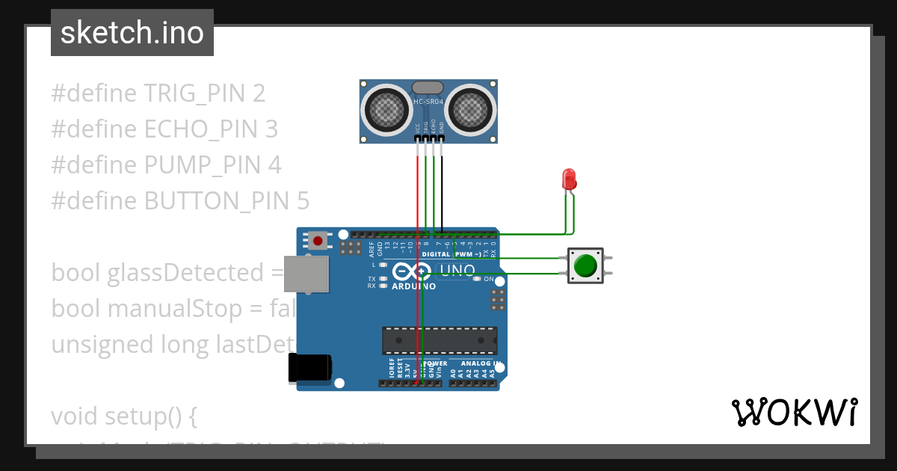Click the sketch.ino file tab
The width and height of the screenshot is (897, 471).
[x=132, y=33]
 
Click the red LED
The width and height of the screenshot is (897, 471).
[x=569, y=179]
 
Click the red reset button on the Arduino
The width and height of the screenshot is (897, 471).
[x=318, y=241]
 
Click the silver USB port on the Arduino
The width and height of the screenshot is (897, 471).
[x=306, y=273]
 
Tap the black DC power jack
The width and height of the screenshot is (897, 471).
[x=309, y=369]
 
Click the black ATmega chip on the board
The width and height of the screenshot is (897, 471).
[x=440, y=340]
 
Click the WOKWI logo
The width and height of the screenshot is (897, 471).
[x=794, y=412]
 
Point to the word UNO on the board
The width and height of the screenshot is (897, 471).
[x=457, y=271]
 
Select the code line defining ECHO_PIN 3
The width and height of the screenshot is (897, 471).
[x=164, y=129]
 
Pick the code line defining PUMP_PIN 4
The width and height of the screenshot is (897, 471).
[x=166, y=165]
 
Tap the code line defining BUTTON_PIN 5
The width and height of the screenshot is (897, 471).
[x=179, y=201]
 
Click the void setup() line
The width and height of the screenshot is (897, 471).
[x=123, y=416]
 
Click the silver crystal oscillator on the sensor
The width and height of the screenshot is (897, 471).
[x=428, y=89]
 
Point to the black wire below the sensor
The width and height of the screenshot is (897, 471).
[x=441, y=187]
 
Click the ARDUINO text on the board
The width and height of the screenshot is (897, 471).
[x=413, y=286]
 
